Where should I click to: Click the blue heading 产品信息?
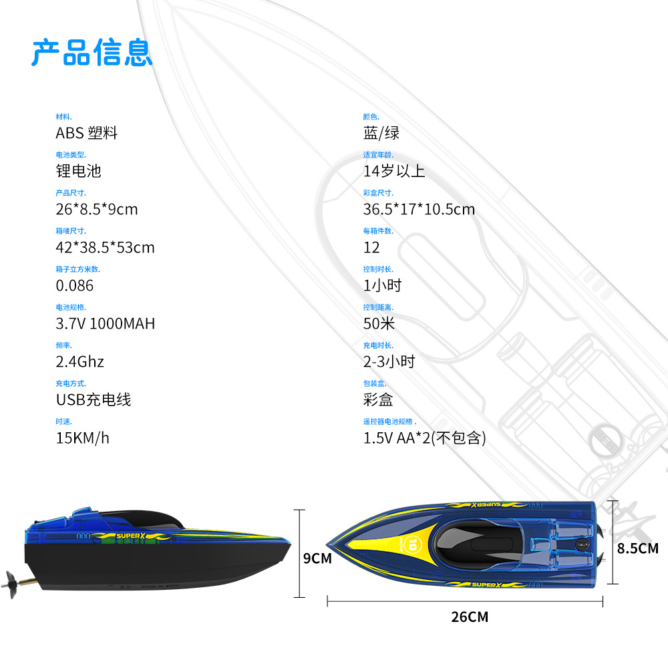click(92, 52)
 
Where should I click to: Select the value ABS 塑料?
click(86, 133)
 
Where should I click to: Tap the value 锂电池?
click(78, 171)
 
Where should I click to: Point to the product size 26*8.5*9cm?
click(96, 209)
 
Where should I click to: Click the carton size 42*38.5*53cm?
click(105, 247)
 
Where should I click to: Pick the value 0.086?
click(74, 285)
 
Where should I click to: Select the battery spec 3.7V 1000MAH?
click(105, 323)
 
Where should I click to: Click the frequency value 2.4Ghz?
click(79, 361)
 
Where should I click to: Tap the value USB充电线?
click(93, 399)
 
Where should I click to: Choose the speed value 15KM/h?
click(82, 438)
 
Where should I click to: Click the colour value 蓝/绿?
click(381, 133)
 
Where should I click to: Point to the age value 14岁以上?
click(394, 171)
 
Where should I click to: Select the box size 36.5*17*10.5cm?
click(419, 209)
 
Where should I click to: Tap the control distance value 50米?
click(379, 323)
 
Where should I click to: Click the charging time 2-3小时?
click(389, 361)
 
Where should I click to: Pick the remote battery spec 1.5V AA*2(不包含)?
click(424, 438)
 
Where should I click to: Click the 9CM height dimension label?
click(317, 558)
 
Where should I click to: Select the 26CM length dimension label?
click(469, 617)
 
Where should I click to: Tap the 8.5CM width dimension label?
click(637, 548)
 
